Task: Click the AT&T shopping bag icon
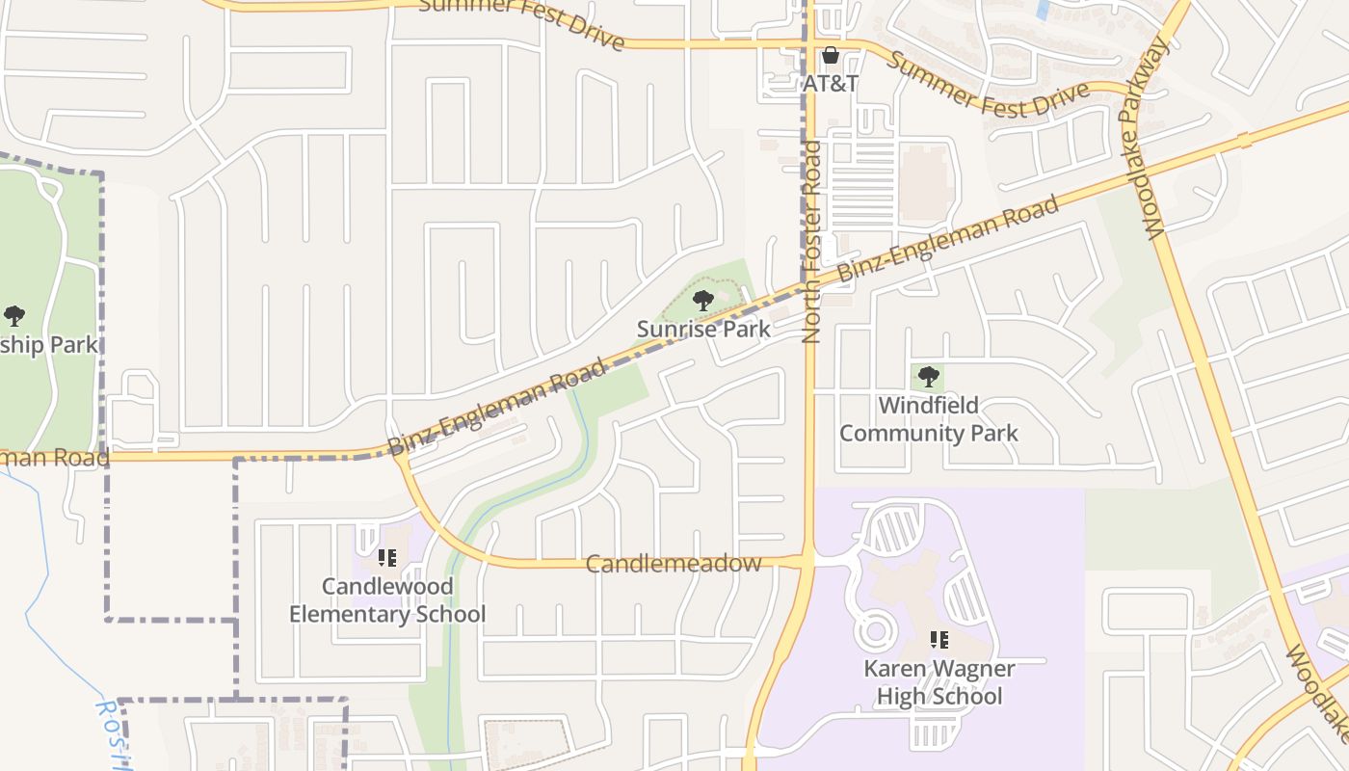(x=830, y=56)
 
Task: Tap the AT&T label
(x=831, y=84)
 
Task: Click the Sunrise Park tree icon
(x=703, y=300)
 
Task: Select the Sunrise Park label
(x=703, y=329)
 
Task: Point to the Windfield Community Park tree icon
(x=928, y=377)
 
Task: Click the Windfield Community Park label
(x=928, y=418)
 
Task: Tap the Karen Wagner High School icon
(x=939, y=639)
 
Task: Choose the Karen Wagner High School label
(x=939, y=682)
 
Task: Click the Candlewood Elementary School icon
(x=387, y=558)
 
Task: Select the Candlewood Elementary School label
(x=387, y=600)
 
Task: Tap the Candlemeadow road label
(x=674, y=564)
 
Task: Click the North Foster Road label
(x=811, y=242)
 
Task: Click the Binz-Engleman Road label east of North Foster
(x=948, y=238)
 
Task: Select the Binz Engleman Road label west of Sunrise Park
(x=498, y=407)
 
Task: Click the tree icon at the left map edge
(x=13, y=315)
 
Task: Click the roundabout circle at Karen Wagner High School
(x=876, y=632)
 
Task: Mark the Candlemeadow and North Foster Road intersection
(x=807, y=560)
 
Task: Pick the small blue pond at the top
(x=1042, y=10)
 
